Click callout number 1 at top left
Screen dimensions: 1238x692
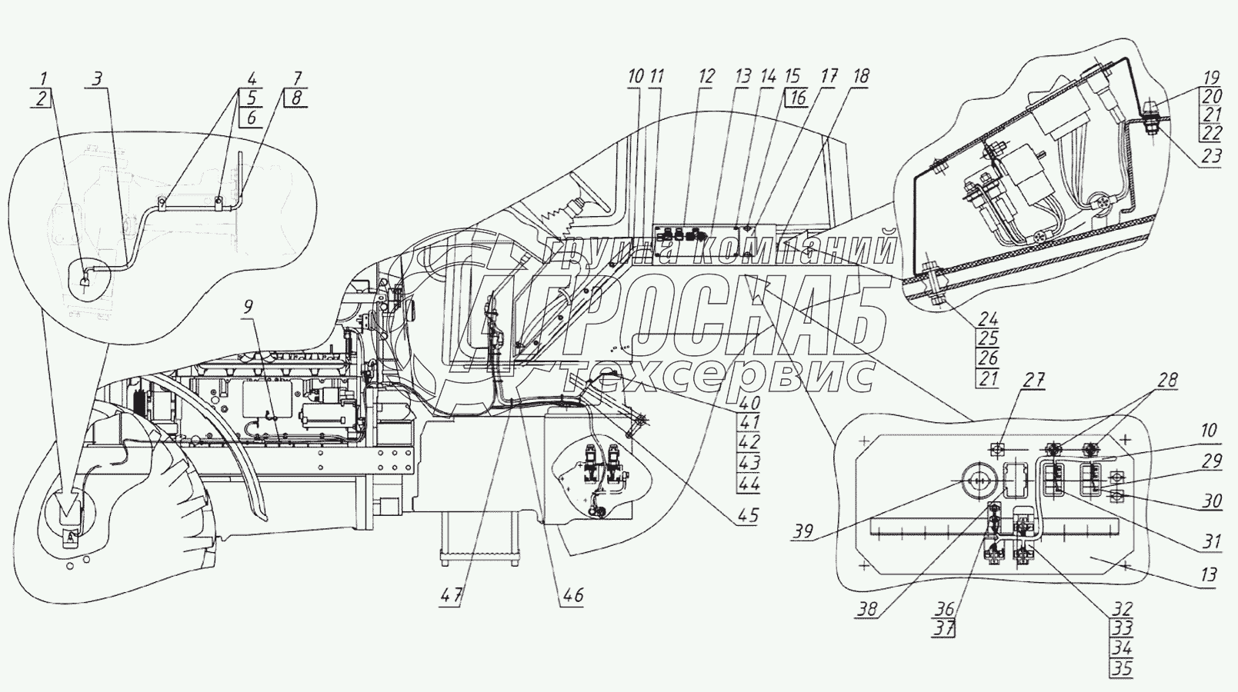[x=44, y=78]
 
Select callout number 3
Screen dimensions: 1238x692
[x=97, y=78]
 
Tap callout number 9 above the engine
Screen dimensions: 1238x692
[x=249, y=307]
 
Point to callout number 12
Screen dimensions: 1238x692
[x=706, y=76]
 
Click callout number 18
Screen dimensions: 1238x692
[x=861, y=76]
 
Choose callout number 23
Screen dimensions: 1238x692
[x=1210, y=156]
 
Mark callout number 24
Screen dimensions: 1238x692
[x=988, y=319]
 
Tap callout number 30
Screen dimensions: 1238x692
[x=1212, y=501]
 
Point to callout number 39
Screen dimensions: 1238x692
[x=803, y=531]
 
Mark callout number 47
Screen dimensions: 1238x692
[x=452, y=595]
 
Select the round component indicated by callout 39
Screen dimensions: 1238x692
[x=976, y=481]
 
